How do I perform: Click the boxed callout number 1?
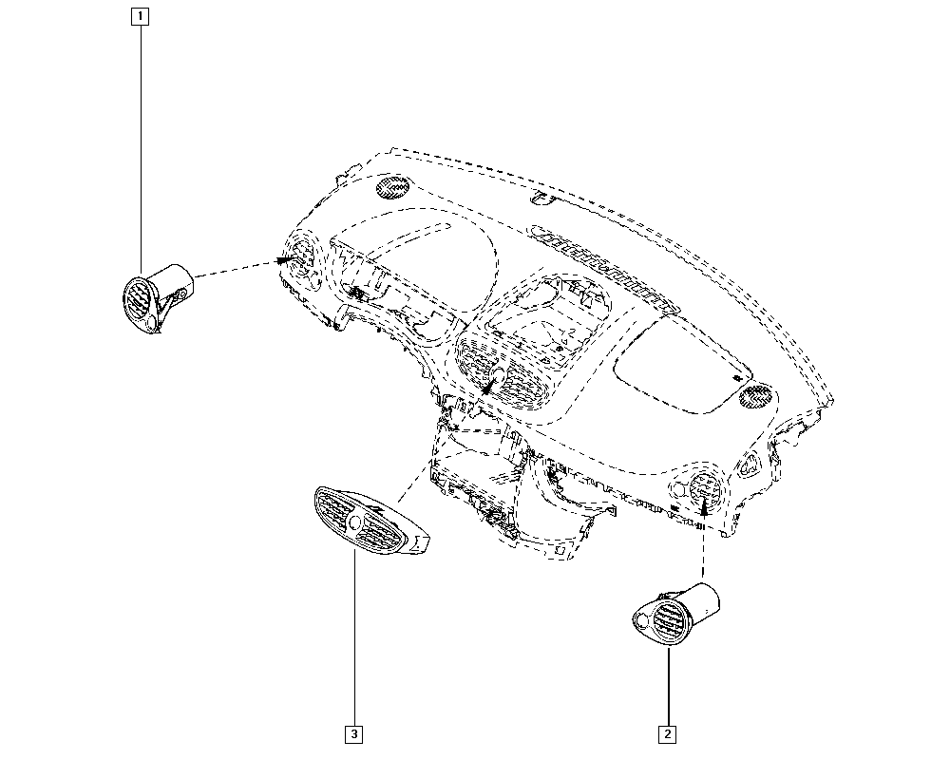(140, 16)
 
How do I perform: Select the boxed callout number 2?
(667, 734)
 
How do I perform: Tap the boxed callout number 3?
(353, 734)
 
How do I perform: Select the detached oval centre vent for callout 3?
(370, 520)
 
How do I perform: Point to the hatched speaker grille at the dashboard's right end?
(755, 397)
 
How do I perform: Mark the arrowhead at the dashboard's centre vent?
(486, 387)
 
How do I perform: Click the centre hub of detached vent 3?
(355, 521)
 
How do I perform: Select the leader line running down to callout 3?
(353, 637)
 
